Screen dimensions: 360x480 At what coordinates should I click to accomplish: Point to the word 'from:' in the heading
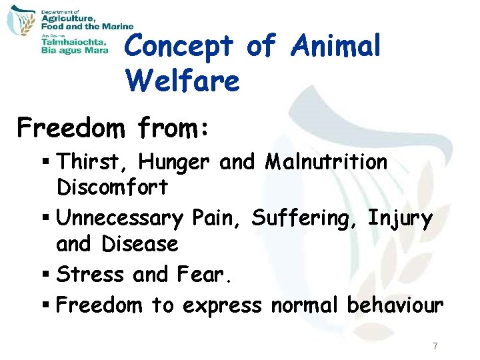(171, 126)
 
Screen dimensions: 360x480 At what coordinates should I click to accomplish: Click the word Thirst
(81, 162)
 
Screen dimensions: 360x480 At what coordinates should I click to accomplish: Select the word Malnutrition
(326, 162)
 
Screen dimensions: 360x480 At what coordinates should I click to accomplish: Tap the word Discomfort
(112, 188)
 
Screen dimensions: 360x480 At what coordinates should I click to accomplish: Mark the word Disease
(140, 244)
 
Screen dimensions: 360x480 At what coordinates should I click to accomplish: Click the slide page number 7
(435, 346)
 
